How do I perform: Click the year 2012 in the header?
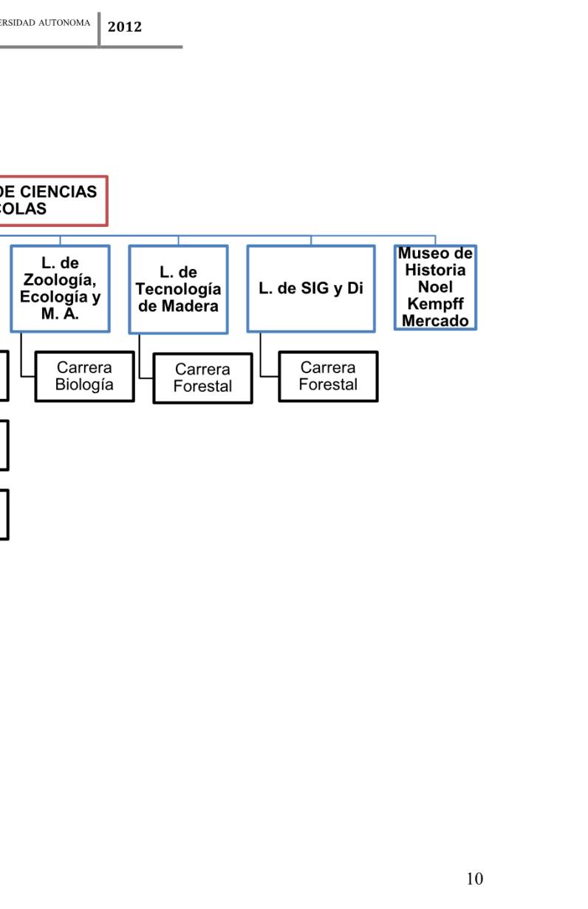click(124, 27)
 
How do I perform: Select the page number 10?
click(475, 878)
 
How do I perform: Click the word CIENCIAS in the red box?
click(61, 192)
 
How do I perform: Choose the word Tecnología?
click(178, 289)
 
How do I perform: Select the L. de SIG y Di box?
click(310, 289)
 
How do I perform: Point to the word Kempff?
click(435, 304)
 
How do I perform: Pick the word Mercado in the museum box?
click(435, 321)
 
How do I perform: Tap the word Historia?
click(435, 270)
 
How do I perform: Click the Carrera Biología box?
click(84, 376)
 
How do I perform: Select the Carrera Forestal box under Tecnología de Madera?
click(202, 378)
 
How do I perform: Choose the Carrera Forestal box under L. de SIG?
click(328, 376)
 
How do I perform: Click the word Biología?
click(84, 384)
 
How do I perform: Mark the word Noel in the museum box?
click(435, 287)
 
